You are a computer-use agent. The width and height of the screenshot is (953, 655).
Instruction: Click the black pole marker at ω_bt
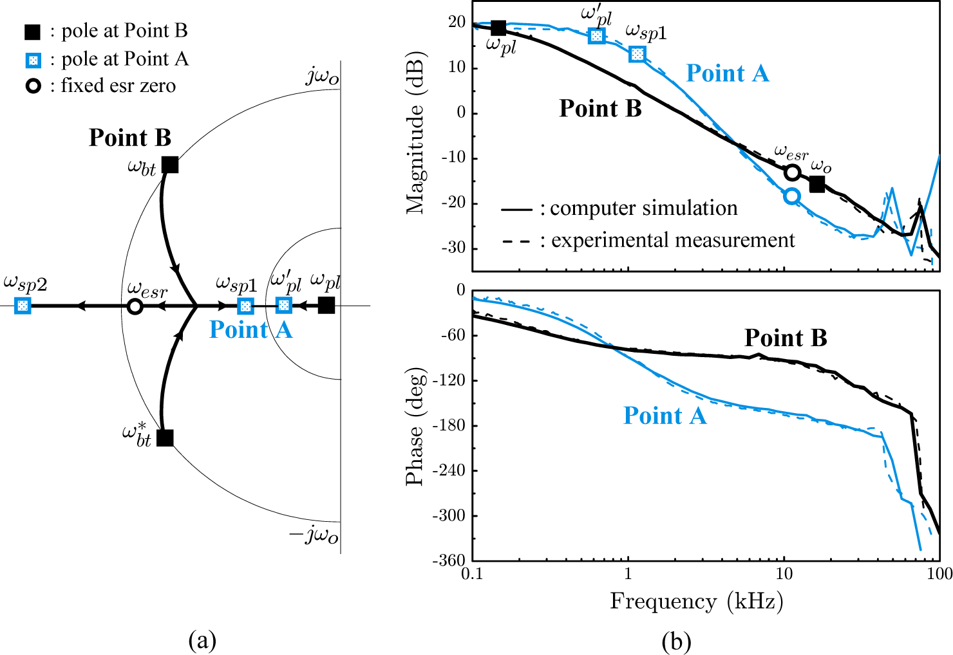click(169, 165)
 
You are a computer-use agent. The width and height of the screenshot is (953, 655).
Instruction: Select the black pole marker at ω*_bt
click(165, 438)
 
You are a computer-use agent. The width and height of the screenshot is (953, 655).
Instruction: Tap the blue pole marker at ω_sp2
click(23, 306)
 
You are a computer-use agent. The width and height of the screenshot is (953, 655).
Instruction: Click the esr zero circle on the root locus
click(135, 306)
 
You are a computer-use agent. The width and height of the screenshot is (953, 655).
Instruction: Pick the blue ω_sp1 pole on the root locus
click(245, 306)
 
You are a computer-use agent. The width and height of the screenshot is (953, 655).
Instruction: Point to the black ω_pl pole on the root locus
click(326, 305)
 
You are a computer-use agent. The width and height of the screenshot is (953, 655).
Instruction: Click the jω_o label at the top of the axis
click(323, 77)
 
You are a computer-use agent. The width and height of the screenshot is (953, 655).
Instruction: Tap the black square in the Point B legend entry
click(32, 32)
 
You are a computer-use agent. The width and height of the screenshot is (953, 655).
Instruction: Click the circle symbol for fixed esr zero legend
click(32, 86)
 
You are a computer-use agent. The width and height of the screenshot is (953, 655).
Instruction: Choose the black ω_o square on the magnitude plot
click(816, 184)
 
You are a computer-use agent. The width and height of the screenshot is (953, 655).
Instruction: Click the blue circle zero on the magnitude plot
click(792, 196)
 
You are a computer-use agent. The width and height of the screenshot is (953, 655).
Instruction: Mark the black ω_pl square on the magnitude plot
click(498, 28)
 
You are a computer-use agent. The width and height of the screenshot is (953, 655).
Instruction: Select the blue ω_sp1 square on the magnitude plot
click(637, 54)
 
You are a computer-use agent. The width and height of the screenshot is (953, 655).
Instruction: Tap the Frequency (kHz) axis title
click(696, 602)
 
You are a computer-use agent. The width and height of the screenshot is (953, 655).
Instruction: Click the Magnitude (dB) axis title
click(416, 131)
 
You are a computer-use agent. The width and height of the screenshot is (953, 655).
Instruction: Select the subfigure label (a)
click(202, 640)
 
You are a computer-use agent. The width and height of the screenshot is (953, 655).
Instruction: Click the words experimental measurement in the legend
click(673, 240)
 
